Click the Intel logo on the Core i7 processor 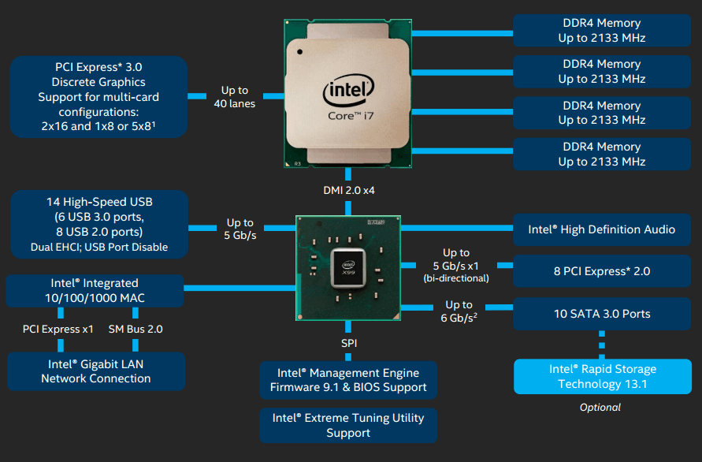pos(348,90)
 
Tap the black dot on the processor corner pos(299,52)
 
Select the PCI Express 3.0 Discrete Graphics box pos(98,97)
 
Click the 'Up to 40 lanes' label pos(235,97)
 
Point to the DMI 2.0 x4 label pos(349,191)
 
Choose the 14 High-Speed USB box pos(99,224)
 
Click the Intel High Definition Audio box pos(602,229)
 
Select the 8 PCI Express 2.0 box pos(602,271)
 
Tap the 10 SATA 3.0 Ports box pos(602,314)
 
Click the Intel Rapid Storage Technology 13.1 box pos(603,376)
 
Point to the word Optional pos(600,408)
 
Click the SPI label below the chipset pos(349,343)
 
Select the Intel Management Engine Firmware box pos(348,380)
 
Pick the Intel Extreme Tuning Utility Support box pos(348,425)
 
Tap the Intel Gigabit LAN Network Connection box pos(96,371)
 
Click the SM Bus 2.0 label pos(136,329)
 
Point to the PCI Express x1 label pos(58,329)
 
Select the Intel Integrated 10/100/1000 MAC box pos(95,290)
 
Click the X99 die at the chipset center pos(348,268)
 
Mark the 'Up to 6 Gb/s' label pos(459,311)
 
